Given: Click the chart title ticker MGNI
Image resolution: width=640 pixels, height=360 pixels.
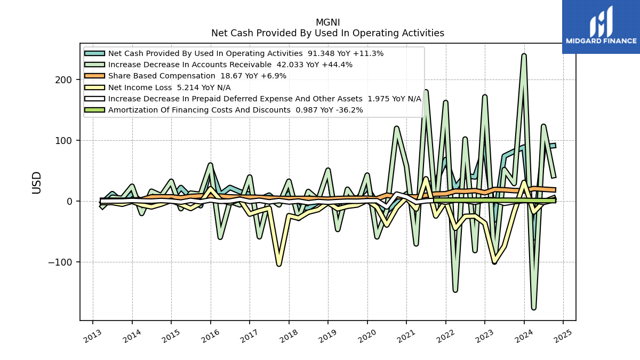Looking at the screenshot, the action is pos(327,22).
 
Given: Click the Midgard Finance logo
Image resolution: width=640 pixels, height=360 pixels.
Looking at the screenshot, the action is pos(601,27).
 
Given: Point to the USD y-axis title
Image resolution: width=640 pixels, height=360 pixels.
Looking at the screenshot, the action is pos(37,183).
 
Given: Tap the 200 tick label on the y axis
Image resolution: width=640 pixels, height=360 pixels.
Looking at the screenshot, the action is pos(63,79).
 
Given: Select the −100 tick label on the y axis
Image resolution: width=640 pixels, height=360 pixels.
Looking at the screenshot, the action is pos(60,262).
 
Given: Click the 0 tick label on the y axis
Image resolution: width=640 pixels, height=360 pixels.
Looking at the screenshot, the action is pos(69,202).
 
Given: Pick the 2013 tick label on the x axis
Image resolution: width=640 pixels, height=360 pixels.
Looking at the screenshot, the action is pos(92,335).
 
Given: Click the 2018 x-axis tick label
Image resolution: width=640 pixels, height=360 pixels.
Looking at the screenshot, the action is pos(289,335).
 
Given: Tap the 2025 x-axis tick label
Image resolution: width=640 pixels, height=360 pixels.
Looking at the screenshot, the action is pos(563,335).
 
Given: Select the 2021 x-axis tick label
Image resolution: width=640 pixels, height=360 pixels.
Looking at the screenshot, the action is pos(406,335).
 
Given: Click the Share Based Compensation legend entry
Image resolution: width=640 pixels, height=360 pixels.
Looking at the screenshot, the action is pos(185,76).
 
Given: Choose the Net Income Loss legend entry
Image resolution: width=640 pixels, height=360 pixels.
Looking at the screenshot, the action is pos(157,87).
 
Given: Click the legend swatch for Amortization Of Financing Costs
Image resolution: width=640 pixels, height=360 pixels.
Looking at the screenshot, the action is pos(94,110).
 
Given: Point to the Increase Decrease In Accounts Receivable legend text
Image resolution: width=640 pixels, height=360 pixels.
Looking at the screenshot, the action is pos(190,65).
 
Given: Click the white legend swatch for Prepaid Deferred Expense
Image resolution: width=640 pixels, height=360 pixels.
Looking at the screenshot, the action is pos(94,99).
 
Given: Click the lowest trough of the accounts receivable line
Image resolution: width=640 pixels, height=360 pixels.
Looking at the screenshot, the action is pos(534,308).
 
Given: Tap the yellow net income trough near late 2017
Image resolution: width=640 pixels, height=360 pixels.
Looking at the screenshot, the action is pos(279,265).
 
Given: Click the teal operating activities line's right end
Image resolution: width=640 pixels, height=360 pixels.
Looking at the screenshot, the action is pos(555,146).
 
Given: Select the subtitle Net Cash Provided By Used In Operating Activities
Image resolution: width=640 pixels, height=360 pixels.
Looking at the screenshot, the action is pos(327,33).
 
